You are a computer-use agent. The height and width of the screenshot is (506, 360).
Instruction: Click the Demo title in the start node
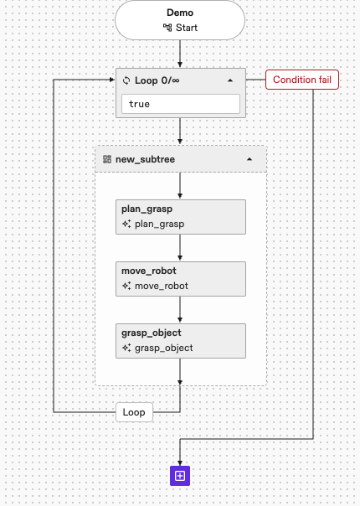(180, 14)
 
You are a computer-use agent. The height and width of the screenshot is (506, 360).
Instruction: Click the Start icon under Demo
(167, 28)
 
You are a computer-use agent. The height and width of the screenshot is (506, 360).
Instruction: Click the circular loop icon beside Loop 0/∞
(126, 81)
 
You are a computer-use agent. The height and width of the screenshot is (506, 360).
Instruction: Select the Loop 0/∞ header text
(159, 81)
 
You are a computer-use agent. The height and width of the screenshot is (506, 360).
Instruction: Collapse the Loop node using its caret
(230, 81)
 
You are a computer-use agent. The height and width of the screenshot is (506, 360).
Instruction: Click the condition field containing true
(180, 104)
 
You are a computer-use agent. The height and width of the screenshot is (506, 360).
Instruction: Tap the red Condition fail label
(302, 80)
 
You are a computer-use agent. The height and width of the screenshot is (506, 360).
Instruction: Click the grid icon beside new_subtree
(107, 158)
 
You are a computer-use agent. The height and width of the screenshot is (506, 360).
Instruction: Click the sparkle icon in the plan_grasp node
(126, 225)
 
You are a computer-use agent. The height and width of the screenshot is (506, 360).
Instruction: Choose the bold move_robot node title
(148, 271)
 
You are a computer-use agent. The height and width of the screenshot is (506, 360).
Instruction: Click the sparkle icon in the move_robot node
(126, 286)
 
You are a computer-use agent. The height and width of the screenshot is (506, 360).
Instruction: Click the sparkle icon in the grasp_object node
(126, 347)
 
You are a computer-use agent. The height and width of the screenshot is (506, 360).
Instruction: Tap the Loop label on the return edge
(134, 412)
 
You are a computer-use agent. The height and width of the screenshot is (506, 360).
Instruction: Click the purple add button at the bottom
(180, 476)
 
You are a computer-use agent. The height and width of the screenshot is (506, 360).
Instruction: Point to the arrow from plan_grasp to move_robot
(180, 249)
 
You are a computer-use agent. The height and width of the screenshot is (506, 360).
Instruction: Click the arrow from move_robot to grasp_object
(180, 310)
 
